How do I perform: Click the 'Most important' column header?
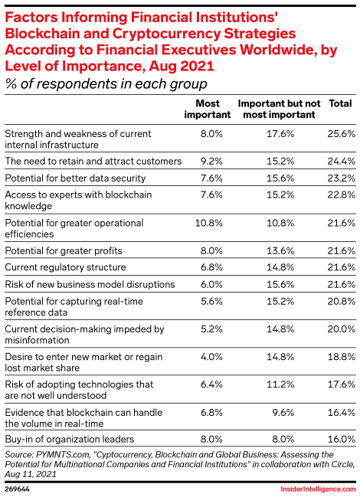point(208,109)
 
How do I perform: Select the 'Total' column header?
point(340,103)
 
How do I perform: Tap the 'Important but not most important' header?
point(279,109)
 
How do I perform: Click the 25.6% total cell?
point(342,134)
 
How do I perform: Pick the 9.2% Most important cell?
point(211,161)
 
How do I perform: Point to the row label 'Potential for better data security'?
point(75,178)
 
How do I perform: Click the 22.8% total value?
point(342,195)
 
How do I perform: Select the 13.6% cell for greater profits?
point(280,250)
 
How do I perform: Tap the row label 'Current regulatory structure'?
point(65,267)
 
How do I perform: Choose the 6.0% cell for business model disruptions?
point(211,284)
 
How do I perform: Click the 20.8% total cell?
point(342,301)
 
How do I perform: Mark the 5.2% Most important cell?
point(211,329)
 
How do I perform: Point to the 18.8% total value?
point(342,357)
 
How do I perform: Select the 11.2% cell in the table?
point(280,384)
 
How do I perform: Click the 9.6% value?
point(283,412)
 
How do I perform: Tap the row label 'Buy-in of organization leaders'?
point(70,440)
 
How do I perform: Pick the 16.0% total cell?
point(342,440)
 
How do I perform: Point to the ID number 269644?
point(17,489)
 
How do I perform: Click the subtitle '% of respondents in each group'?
point(106,84)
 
